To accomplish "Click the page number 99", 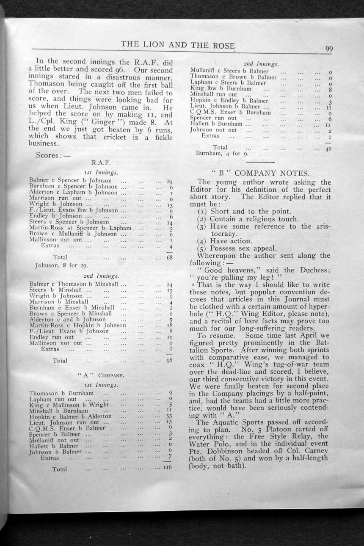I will pyautogui.click(x=329, y=49).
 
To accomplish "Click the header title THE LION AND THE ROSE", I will pyautogui.click(x=178, y=45).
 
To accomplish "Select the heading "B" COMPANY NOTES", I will pyautogui.click(x=260, y=173).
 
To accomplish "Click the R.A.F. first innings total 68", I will pyautogui.click(x=168, y=257).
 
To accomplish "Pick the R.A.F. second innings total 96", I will pyautogui.click(x=169, y=361).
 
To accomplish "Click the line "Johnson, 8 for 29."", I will pyautogui.click(x=61, y=266).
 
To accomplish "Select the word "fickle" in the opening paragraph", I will pyautogui.click(x=162, y=137).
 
